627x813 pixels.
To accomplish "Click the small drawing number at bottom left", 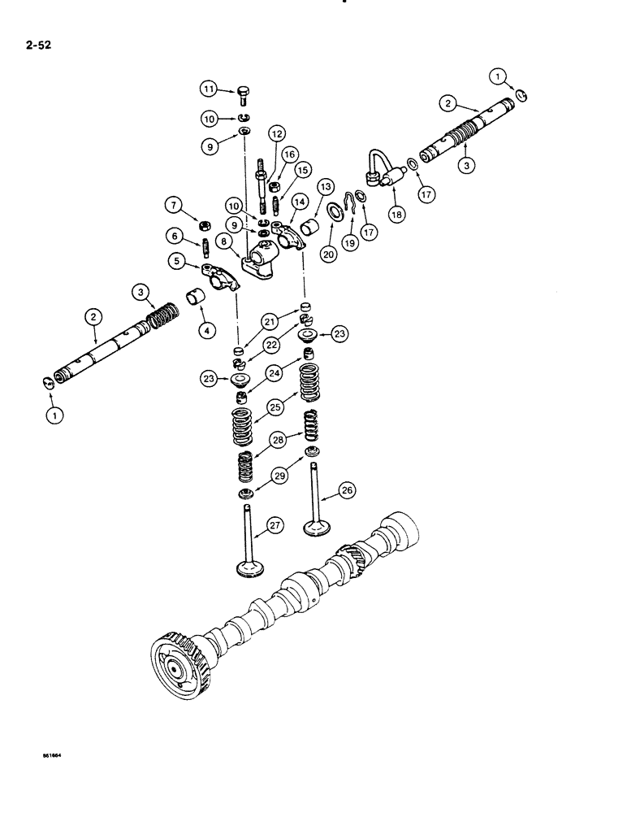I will coord(53,755).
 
